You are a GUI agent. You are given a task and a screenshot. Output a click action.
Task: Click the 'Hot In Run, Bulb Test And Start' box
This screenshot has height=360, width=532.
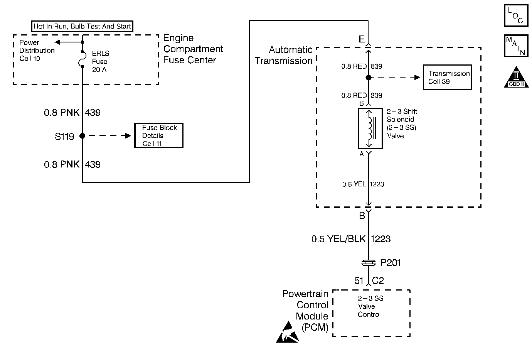(x=82, y=26)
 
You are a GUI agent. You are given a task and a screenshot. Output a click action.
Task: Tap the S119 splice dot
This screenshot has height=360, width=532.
(x=82, y=136)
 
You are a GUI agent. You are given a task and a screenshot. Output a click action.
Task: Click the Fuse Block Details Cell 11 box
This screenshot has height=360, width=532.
(x=159, y=136)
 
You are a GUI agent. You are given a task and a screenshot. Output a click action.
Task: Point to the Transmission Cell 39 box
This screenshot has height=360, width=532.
(x=448, y=77)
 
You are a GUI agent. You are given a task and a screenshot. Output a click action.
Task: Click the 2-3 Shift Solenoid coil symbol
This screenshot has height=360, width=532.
(x=370, y=128)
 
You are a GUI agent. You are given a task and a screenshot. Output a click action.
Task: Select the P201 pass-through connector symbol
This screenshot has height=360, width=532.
(x=369, y=263)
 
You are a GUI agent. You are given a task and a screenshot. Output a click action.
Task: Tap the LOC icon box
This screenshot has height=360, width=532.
(x=516, y=15)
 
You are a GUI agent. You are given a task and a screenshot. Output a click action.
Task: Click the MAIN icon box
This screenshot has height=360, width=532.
(x=516, y=46)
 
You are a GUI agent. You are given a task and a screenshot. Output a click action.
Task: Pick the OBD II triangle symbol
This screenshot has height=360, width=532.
(x=516, y=77)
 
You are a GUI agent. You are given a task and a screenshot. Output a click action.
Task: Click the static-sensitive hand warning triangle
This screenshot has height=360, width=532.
(x=288, y=332)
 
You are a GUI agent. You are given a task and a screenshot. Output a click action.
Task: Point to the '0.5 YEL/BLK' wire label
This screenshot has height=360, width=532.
(x=338, y=239)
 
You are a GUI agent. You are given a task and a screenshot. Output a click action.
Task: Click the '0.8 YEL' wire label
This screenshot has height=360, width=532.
(x=354, y=184)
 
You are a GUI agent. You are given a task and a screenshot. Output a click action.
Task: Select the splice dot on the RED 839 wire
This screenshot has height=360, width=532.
(x=369, y=77)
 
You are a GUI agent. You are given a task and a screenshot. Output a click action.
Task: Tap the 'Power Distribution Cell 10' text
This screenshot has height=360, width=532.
(x=37, y=51)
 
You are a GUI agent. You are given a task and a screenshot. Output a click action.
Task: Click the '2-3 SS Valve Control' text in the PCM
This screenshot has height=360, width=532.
(x=370, y=306)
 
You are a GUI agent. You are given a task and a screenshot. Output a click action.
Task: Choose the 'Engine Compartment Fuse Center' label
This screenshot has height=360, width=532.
(x=193, y=49)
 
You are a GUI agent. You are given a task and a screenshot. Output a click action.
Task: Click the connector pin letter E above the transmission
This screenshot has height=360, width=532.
(x=362, y=39)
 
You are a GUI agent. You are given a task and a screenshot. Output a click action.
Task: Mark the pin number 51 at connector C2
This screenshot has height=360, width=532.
(x=359, y=281)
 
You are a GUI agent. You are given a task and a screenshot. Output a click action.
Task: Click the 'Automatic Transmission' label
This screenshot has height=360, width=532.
(x=284, y=55)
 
